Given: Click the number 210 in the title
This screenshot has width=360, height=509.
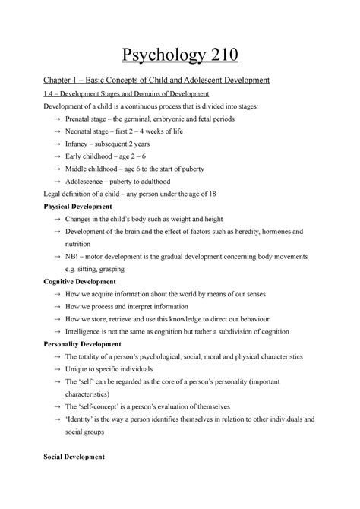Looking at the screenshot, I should (x=223, y=56).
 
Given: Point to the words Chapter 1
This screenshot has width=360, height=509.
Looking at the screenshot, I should (x=63, y=81).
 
